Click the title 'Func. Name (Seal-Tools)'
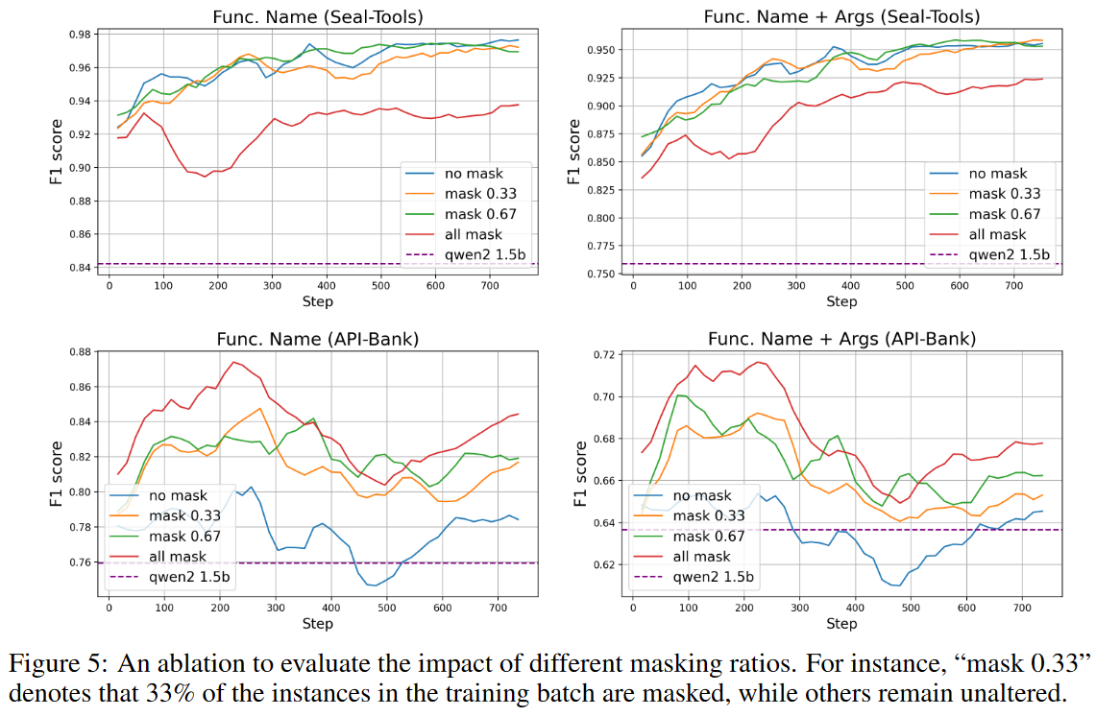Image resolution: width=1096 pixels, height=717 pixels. click(317, 16)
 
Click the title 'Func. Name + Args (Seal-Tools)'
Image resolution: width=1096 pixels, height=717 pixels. click(841, 16)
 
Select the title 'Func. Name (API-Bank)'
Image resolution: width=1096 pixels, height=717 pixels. click(317, 339)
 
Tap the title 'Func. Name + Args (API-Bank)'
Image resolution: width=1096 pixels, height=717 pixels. click(841, 339)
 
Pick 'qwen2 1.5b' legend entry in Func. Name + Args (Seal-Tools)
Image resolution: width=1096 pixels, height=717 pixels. click(1005, 255)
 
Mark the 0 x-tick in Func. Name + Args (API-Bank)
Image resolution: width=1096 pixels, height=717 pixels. click(632, 608)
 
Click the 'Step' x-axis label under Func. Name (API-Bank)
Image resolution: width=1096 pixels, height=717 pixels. click(317, 624)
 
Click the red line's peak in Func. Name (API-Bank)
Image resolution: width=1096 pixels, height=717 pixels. click(233, 362)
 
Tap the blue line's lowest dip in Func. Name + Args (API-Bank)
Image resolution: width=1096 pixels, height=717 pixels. click(896, 586)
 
